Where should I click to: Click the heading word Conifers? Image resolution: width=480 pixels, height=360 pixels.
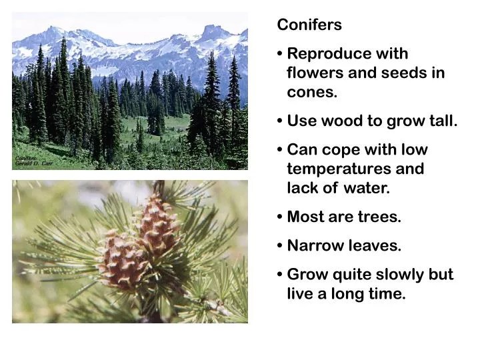pyautogui.click(x=309, y=25)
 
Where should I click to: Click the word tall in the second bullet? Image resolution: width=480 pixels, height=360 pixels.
pyautogui.click(x=441, y=121)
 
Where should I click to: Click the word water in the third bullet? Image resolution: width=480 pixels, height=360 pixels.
pyautogui.click(x=366, y=189)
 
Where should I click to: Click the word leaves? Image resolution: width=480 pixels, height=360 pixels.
pyautogui.click(x=375, y=246)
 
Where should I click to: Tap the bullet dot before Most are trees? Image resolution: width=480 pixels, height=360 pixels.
pyautogui.click(x=280, y=217)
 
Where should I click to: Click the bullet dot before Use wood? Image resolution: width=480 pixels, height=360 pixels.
pyautogui.click(x=280, y=121)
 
